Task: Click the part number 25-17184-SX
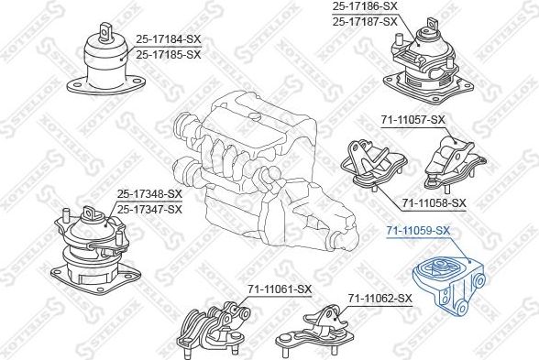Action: pos(169,38)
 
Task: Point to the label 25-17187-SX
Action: pos(365,21)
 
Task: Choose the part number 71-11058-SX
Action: pos(434,202)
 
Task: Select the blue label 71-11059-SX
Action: pos(418,230)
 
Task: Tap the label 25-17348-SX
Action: pos(150,193)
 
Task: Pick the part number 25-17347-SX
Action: pos(150,209)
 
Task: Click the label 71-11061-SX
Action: pos(280,289)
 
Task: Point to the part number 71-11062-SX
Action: pos(379,298)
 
